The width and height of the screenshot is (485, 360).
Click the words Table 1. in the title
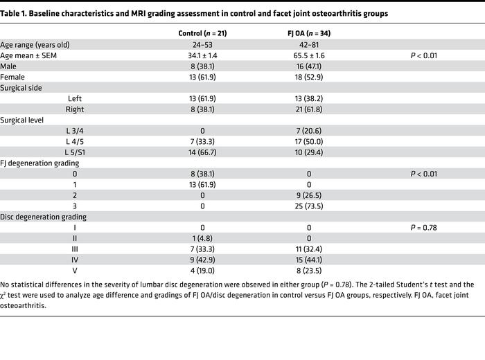coord(15,13)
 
